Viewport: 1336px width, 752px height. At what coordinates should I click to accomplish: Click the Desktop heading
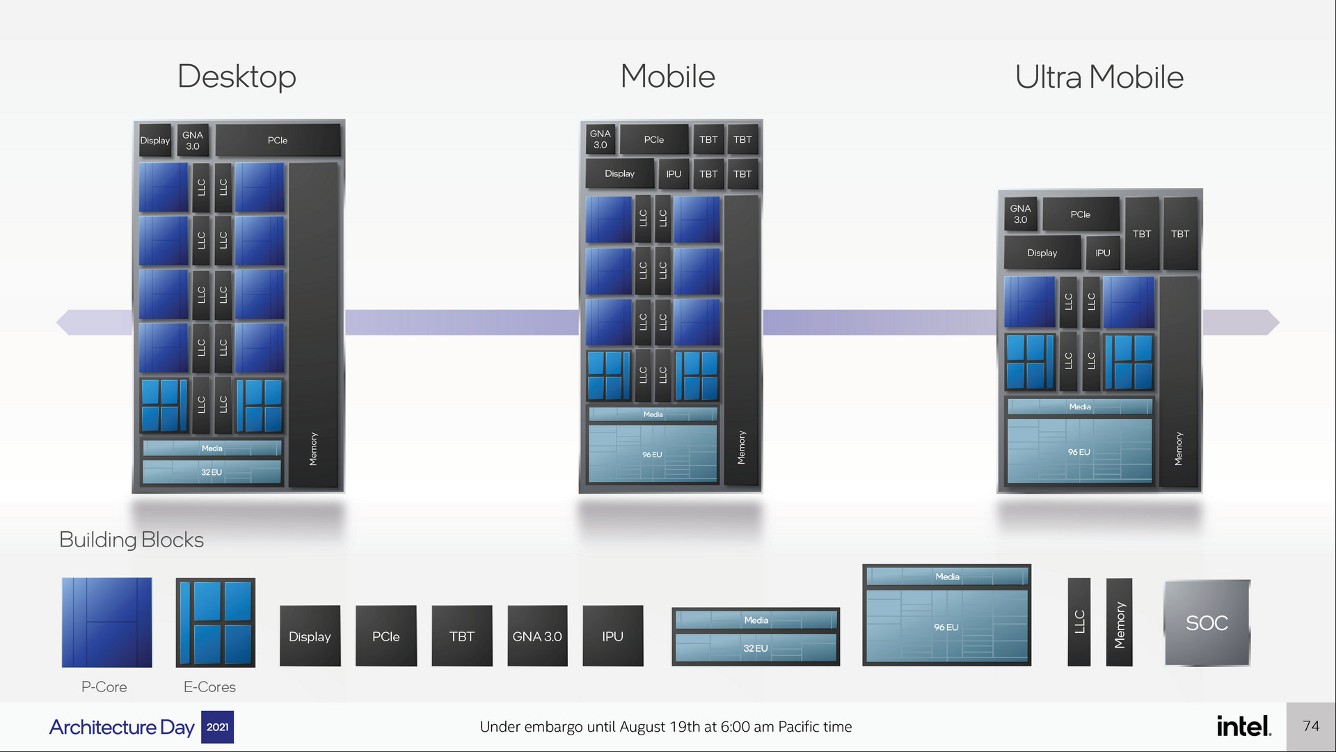tap(237, 77)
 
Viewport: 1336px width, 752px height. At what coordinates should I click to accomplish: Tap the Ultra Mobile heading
tap(1099, 77)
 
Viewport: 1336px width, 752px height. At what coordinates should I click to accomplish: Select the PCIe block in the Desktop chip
tap(278, 141)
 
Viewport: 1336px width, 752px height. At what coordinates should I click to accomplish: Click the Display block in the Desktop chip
tap(155, 141)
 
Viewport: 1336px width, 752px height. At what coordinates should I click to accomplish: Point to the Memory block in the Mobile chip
tap(741, 341)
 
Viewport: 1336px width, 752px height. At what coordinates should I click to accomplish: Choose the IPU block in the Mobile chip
tap(674, 174)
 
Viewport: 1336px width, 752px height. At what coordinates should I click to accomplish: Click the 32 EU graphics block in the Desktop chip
tap(212, 472)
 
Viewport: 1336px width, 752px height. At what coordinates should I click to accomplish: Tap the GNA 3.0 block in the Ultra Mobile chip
tap(1020, 214)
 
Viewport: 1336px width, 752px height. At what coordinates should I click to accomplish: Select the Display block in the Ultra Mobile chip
tap(1042, 253)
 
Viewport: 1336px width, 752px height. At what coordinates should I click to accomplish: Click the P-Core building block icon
tap(106, 622)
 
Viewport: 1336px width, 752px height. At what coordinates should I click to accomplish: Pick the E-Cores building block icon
tap(215, 622)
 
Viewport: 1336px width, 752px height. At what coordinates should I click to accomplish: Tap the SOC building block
tap(1207, 622)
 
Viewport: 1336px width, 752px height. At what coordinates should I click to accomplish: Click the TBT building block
tap(461, 636)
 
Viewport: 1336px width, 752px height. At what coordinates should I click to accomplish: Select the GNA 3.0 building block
tap(537, 636)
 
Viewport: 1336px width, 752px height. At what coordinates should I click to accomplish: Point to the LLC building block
tap(1079, 622)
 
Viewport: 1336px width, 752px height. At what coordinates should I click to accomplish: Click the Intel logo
tap(1243, 726)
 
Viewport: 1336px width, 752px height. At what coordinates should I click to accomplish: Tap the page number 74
tap(1311, 726)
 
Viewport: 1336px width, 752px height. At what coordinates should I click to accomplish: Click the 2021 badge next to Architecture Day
tap(217, 727)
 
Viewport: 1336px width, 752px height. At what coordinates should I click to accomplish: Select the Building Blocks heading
tap(132, 540)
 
